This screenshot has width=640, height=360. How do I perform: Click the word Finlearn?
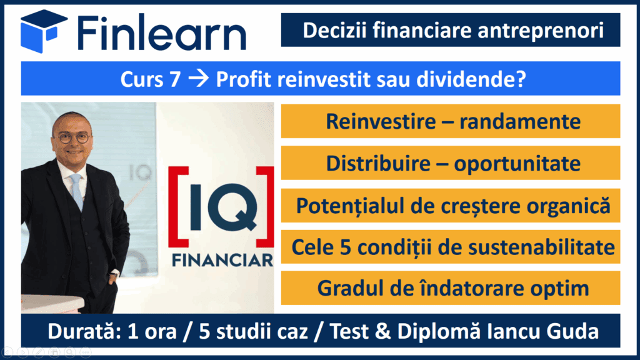(162, 32)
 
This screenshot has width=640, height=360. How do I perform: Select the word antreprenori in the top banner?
(541, 31)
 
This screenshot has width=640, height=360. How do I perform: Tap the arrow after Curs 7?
(199, 78)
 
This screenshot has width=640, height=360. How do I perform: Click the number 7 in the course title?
(175, 79)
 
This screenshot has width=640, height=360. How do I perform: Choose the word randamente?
(519, 122)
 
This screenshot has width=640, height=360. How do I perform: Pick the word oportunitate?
(517, 164)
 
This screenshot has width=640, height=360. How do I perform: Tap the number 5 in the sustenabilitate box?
(345, 247)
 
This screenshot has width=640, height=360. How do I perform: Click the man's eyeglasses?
(74, 137)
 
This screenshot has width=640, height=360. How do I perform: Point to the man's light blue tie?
(77, 190)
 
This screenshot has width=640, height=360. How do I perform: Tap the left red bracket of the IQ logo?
(178, 207)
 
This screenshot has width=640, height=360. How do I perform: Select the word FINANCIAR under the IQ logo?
(222, 260)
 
